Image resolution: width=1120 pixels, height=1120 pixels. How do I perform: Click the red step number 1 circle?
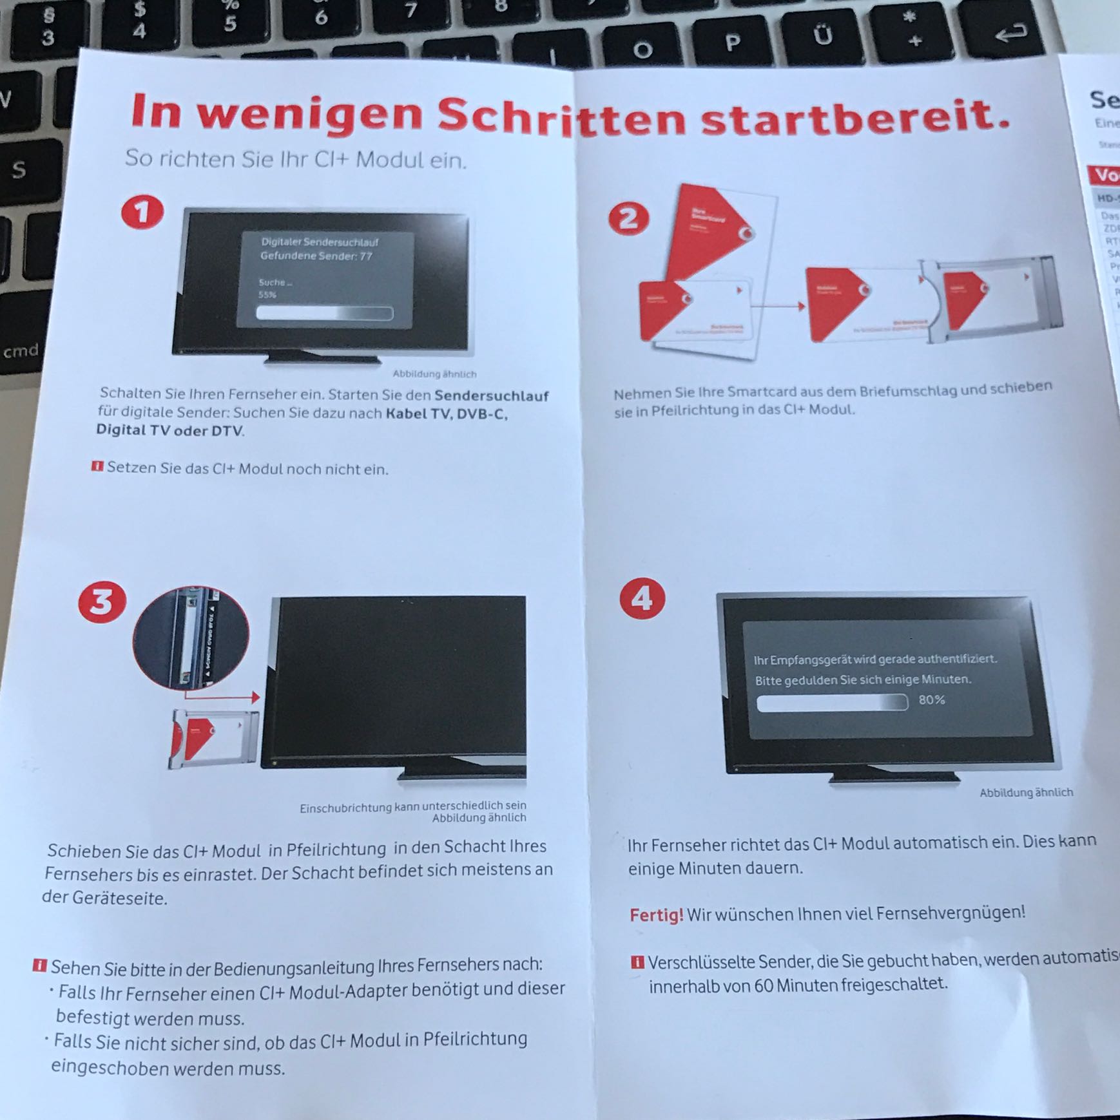pyautogui.click(x=142, y=213)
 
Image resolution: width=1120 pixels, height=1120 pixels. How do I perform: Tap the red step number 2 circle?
pyautogui.click(x=629, y=219)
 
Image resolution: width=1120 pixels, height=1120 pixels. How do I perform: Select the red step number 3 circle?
pyautogui.click(x=102, y=602)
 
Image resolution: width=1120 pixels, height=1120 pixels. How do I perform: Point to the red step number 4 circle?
pyautogui.click(x=642, y=599)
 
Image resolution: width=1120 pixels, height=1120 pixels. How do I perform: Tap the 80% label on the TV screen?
pyautogui.click(x=931, y=699)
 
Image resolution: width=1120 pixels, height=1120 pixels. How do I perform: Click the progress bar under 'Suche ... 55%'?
pyautogui.click(x=324, y=313)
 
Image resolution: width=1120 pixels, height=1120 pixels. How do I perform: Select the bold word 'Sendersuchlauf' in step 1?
pyautogui.click(x=491, y=396)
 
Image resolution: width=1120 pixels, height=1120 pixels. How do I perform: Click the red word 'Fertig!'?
pyautogui.click(x=656, y=915)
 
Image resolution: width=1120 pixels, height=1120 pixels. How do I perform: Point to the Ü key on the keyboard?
pyautogui.click(x=823, y=35)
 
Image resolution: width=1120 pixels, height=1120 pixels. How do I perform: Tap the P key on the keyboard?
pyautogui.click(x=732, y=43)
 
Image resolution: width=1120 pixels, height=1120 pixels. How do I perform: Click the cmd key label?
pyautogui.click(x=21, y=352)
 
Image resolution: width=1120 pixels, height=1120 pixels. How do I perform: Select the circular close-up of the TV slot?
pyautogui.click(x=191, y=638)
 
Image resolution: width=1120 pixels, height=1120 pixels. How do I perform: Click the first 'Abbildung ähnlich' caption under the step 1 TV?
pyautogui.click(x=434, y=374)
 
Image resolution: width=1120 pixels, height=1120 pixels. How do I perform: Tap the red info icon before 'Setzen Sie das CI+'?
pyautogui.click(x=97, y=466)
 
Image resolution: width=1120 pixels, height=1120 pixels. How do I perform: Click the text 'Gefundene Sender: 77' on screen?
pyautogui.click(x=316, y=256)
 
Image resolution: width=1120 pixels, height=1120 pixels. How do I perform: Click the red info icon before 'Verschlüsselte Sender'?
pyautogui.click(x=637, y=963)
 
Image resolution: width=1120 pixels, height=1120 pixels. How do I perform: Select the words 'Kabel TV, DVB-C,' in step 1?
pyautogui.click(x=446, y=413)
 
